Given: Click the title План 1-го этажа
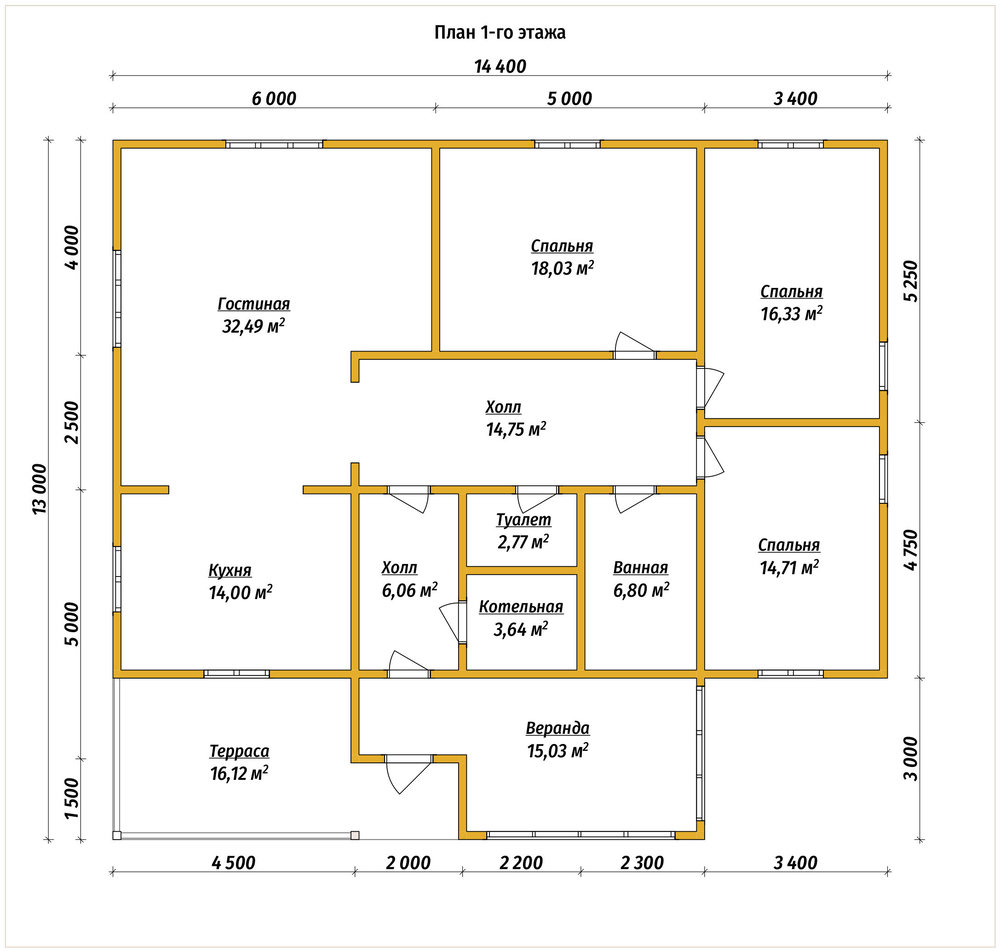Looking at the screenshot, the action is click(500, 33).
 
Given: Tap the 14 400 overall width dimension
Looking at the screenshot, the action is click(500, 66).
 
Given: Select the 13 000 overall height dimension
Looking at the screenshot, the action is click(40, 489).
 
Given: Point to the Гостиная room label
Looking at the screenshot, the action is click(254, 304).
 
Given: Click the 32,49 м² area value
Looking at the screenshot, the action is click(253, 327).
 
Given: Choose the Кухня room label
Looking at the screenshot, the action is click(230, 571).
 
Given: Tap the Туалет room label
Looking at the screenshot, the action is click(524, 520).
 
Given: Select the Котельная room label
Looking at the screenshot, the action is click(521, 607).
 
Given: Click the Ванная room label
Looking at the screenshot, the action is click(640, 568).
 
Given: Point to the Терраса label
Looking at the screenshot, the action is click(239, 751).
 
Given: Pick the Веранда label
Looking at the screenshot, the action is click(557, 728).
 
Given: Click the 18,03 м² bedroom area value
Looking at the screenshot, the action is click(562, 269).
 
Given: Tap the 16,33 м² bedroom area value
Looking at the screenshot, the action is click(791, 314).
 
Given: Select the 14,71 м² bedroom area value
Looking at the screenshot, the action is click(790, 567).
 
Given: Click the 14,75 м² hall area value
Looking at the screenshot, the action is click(516, 429).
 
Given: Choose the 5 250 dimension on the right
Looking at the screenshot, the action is click(911, 281).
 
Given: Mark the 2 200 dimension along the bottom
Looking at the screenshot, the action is click(521, 863).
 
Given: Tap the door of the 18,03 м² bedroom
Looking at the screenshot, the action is click(634, 345).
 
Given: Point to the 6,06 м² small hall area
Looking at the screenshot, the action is click(409, 591).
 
